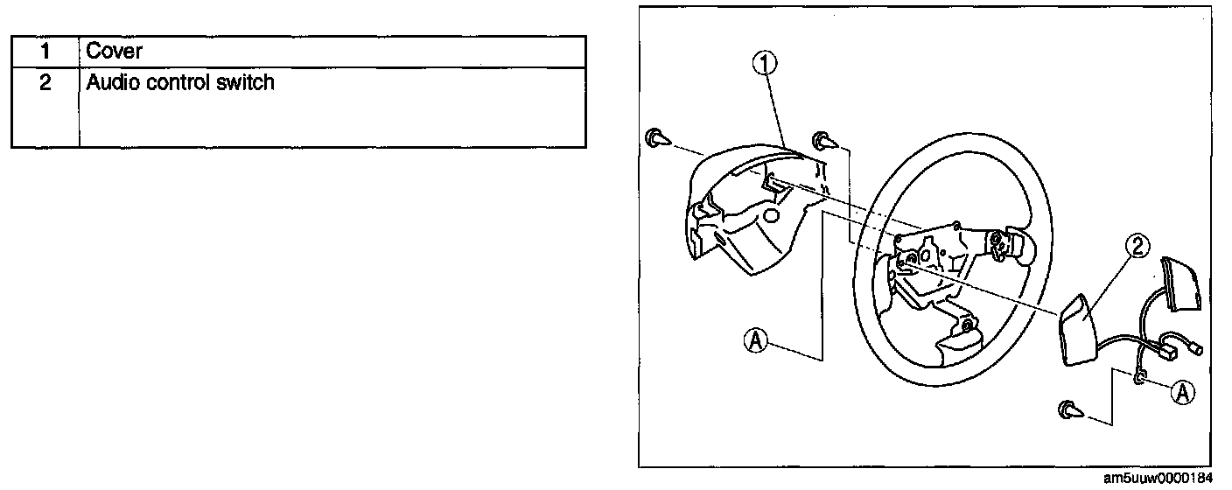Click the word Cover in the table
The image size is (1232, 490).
coord(114,52)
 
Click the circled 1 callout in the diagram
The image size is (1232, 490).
coord(766,64)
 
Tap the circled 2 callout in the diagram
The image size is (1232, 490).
coord(1137,248)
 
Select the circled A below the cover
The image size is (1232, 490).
coord(757,339)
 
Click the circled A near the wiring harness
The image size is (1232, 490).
coord(1183,393)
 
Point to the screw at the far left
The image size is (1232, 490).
coord(656,138)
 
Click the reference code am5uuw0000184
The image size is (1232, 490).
coord(1158,479)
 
